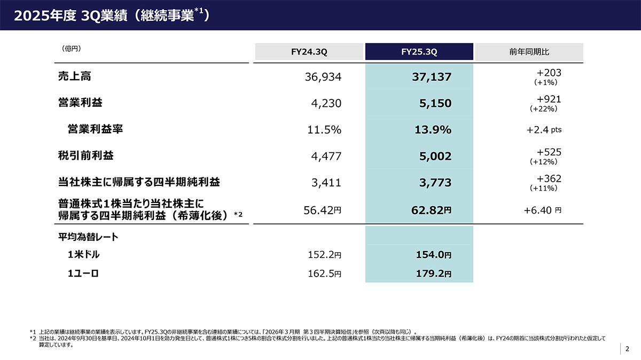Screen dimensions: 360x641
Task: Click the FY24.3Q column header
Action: point(309,52)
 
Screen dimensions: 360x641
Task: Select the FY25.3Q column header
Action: point(419,52)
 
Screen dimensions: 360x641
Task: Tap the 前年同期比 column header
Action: point(529,52)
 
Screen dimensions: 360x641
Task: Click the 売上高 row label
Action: point(74,76)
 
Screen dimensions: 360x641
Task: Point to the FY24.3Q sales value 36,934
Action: point(322,77)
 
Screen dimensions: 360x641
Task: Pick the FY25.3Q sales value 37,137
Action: point(432,77)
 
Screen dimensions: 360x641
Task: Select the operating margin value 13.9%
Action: point(433,130)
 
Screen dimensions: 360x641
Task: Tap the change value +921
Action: point(549,99)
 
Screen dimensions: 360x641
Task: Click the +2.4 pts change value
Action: point(544,130)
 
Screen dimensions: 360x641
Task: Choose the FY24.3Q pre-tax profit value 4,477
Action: point(326,156)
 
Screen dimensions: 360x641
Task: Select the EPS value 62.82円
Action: point(432,210)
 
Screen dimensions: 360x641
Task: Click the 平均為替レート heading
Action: point(88,237)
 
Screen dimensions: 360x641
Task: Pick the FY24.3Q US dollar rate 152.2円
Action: point(322,255)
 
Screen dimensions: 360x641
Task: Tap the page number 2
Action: point(628,348)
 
